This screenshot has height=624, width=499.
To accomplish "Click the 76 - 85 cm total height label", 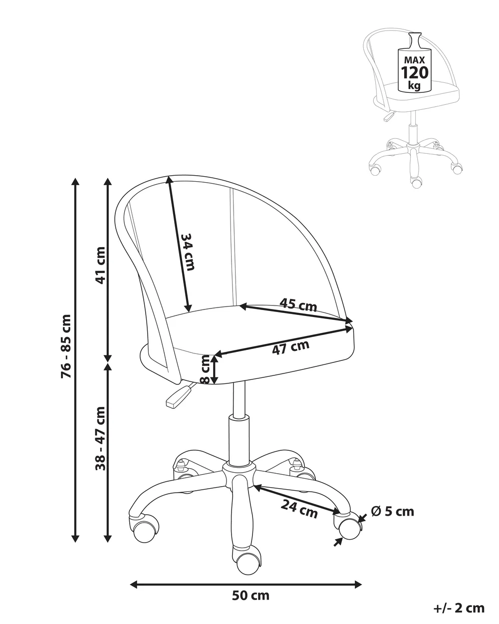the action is (66, 346).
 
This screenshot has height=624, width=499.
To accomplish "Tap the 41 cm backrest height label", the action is (100, 265).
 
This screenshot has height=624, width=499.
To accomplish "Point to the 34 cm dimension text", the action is (187, 252).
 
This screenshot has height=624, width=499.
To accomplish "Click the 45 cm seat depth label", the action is (298, 305).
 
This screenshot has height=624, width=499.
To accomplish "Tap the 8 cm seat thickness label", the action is (205, 369).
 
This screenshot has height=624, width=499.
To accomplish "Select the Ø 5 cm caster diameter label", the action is (393, 512).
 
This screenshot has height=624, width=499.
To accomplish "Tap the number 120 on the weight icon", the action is (415, 72).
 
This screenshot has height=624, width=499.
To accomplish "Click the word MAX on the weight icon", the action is (415, 60).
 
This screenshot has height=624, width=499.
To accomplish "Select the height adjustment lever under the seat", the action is (178, 394).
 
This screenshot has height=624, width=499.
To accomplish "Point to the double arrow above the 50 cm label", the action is (246, 576).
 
